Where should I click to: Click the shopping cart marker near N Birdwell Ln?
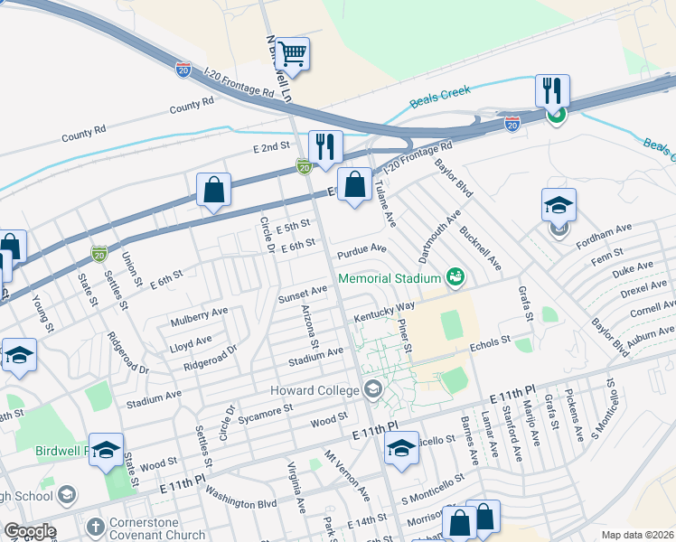pos(293,54)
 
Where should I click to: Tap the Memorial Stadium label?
pos(390,277)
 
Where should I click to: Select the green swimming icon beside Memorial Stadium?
pos(455,276)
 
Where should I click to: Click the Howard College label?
pos(315,390)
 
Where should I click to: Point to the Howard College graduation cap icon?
pos(371,390)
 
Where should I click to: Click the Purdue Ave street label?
pos(361,248)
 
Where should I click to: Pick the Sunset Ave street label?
pos(303,293)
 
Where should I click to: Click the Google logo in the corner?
pos(30,531)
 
